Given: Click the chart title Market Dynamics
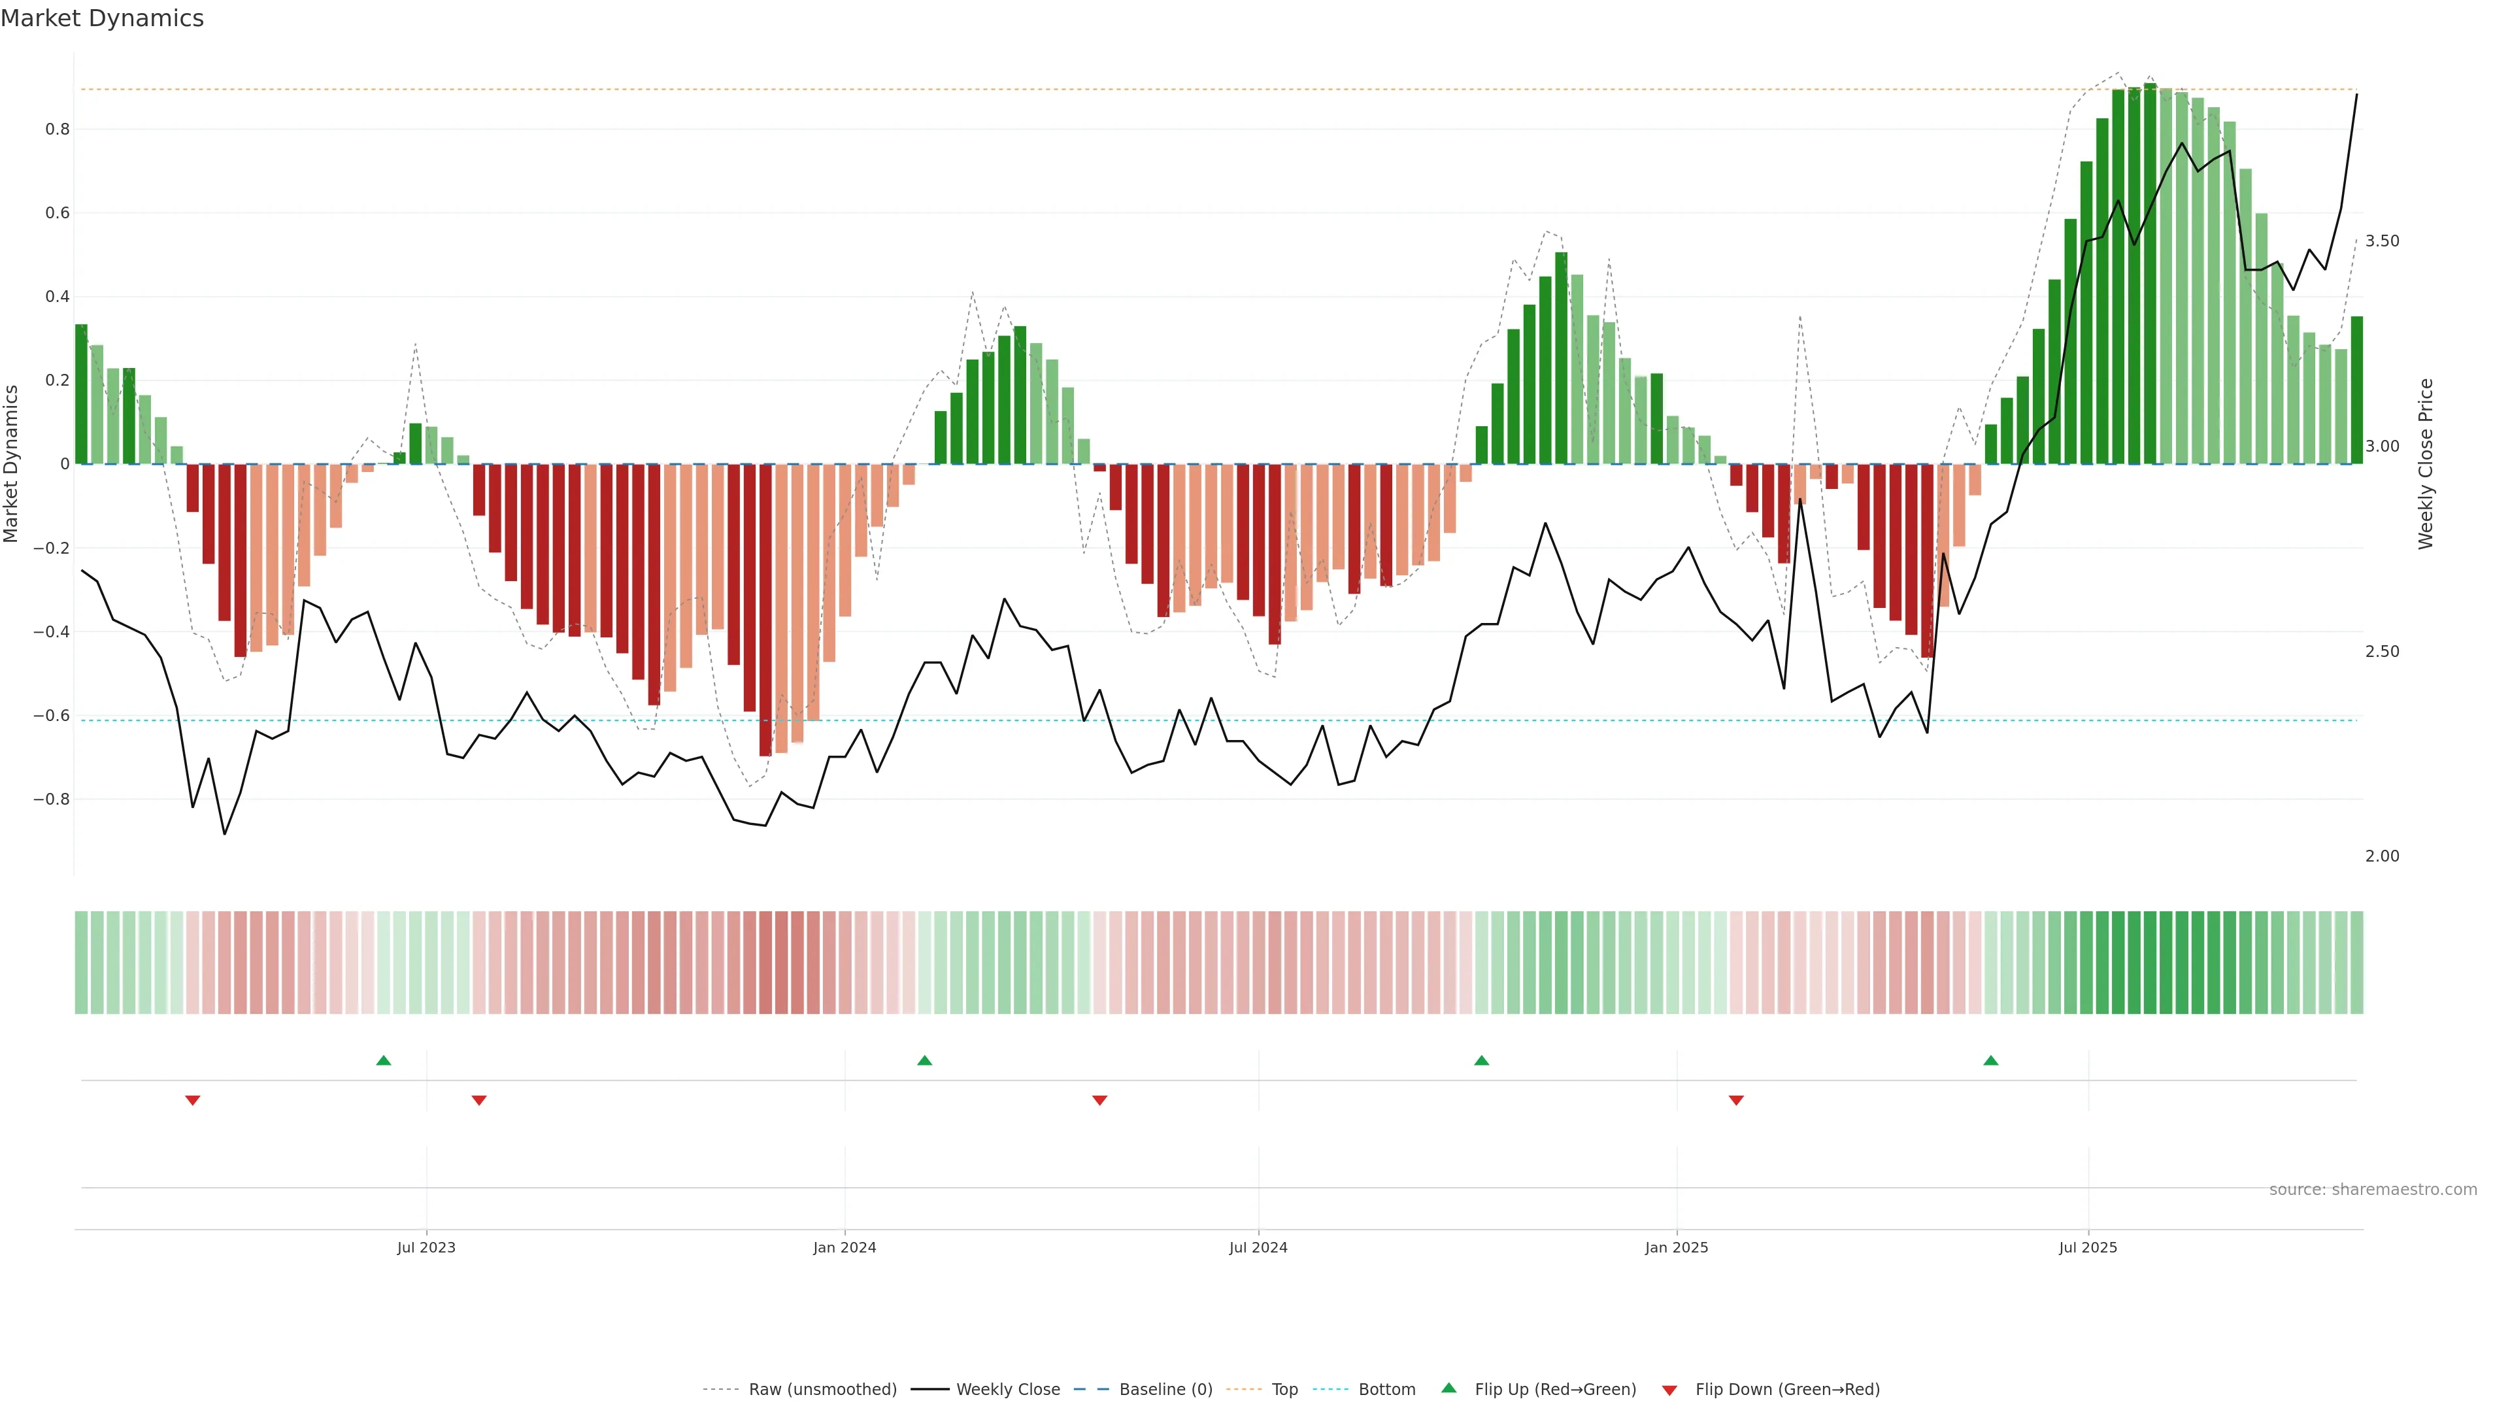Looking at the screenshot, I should click(x=103, y=18).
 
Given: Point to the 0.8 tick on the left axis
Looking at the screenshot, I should click(x=58, y=129).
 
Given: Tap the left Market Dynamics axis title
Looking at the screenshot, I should click(x=12, y=464).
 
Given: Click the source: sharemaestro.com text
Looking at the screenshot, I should click(x=2373, y=1190).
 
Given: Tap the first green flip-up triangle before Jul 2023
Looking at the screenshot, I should click(x=384, y=1060).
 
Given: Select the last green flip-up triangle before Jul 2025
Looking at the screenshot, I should click(x=1990, y=1060).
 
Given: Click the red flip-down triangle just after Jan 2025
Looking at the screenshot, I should click(x=1735, y=1100).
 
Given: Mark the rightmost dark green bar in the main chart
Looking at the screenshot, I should click(x=2356, y=390).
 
